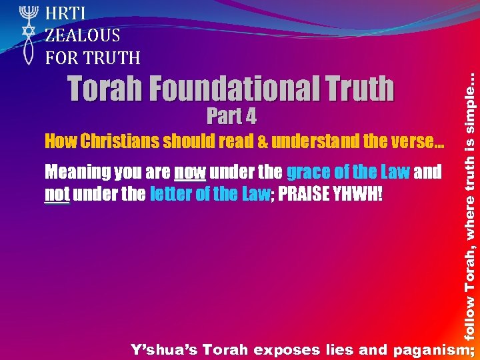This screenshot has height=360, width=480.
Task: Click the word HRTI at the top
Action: coord(64,13)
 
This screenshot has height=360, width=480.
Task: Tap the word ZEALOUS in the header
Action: coord(83,35)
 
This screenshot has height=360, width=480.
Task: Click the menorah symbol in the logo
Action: coord(27,14)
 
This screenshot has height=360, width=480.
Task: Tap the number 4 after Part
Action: coord(250,117)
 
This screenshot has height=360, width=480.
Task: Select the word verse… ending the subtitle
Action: coord(420,141)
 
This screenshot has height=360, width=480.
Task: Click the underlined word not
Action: coord(57,194)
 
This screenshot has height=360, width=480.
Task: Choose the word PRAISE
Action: coord(300,194)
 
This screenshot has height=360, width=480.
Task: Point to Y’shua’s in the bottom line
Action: coord(163,349)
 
